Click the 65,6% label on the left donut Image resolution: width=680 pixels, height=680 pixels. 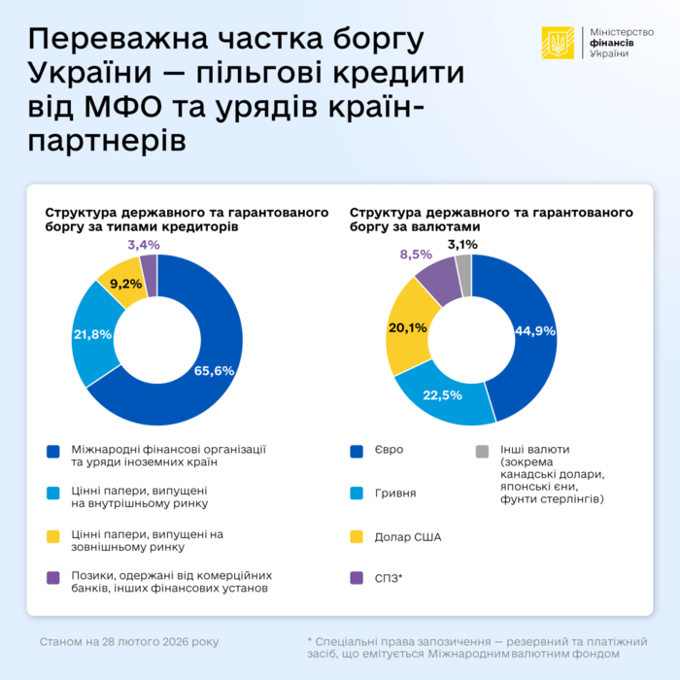(x=216, y=370)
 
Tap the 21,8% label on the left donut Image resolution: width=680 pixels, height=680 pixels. (x=92, y=333)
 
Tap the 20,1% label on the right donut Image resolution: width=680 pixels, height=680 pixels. (x=407, y=326)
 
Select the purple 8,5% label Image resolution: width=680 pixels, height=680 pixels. (x=417, y=255)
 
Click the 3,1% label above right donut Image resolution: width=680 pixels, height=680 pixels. (x=462, y=245)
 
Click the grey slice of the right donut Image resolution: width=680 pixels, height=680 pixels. (x=463, y=262)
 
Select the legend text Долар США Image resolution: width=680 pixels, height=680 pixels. (x=408, y=535)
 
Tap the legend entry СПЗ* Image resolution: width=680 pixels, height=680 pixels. (x=390, y=578)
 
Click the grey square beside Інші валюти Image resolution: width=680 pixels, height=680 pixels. (x=482, y=451)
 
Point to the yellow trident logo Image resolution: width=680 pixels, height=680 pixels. (x=558, y=43)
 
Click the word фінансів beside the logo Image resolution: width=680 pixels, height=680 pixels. (x=615, y=43)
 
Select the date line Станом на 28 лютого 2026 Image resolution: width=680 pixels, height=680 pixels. (x=129, y=642)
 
